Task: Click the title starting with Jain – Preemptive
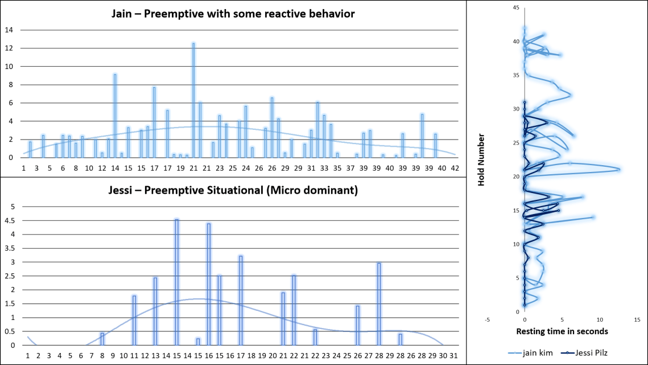coord(233,14)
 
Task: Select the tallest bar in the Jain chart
coord(193,100)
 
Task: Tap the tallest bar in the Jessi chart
coord(177,282)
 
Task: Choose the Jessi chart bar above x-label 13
coord(155,311)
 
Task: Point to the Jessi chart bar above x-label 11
coord(134,320)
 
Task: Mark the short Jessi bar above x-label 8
coord(102,339)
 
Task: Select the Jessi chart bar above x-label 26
coord(357,325)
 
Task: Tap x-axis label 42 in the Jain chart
coord(455,169)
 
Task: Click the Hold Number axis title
coord(481,160)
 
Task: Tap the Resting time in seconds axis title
coord(562,331)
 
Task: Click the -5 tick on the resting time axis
coord(488,319)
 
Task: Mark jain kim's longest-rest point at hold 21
coord(618,170)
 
